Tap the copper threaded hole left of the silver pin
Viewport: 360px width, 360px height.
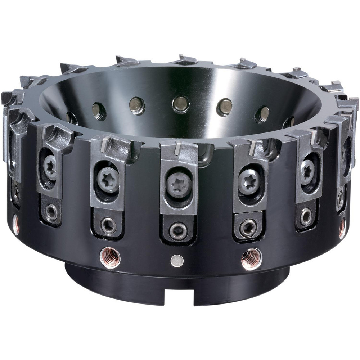point(110,257)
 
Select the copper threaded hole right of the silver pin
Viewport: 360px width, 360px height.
point(252,258)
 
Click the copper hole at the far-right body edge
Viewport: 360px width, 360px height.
point(342,228)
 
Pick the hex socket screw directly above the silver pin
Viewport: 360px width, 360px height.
point(178,230)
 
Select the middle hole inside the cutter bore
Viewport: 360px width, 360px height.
point(180,104)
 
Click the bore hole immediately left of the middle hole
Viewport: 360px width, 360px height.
point(137,105)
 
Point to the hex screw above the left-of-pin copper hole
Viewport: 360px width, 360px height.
point(108,225)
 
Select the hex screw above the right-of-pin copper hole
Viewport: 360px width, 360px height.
point(248,227)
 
